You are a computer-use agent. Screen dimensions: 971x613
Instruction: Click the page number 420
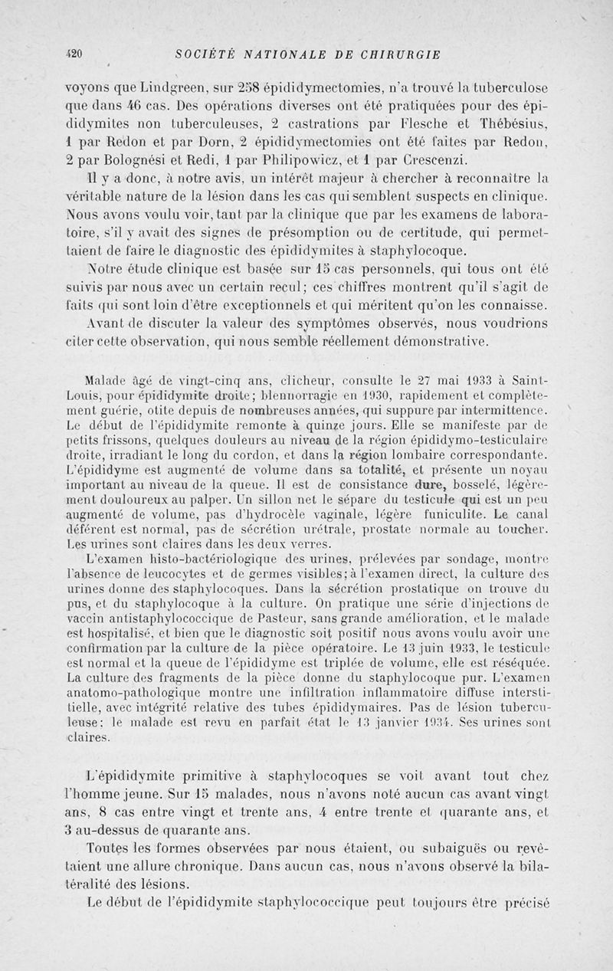coord(74,54)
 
